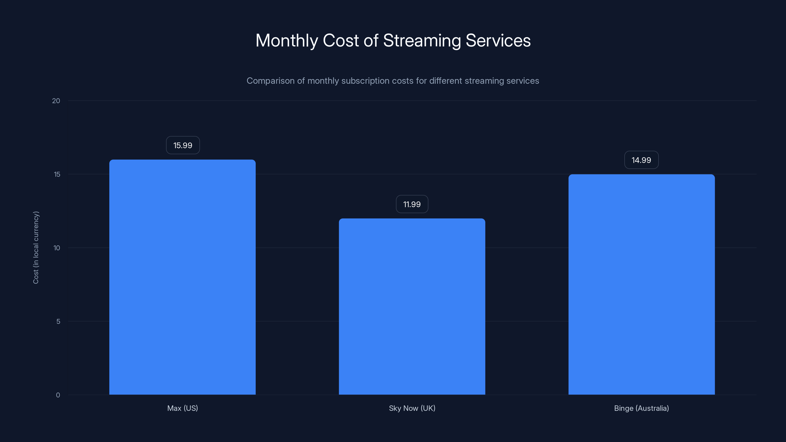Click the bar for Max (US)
(182, 277)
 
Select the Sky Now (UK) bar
(412, 306)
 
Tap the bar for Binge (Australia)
(641, 284)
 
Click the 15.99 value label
(183, 145)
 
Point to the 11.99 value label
(412, 204)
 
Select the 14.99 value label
(641, 160)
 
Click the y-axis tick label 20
(56, 101)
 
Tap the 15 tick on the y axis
(57, 174)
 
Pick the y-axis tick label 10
(57, 248)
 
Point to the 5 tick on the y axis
(58, 321)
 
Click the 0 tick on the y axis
(58, 395)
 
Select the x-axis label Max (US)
(182, 408)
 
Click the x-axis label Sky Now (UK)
(412, 408)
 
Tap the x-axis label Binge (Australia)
(641, 408)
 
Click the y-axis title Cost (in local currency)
(36, 247)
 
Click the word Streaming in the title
(422, 41)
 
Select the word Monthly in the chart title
(287, 41)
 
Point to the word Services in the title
(498, 41)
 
